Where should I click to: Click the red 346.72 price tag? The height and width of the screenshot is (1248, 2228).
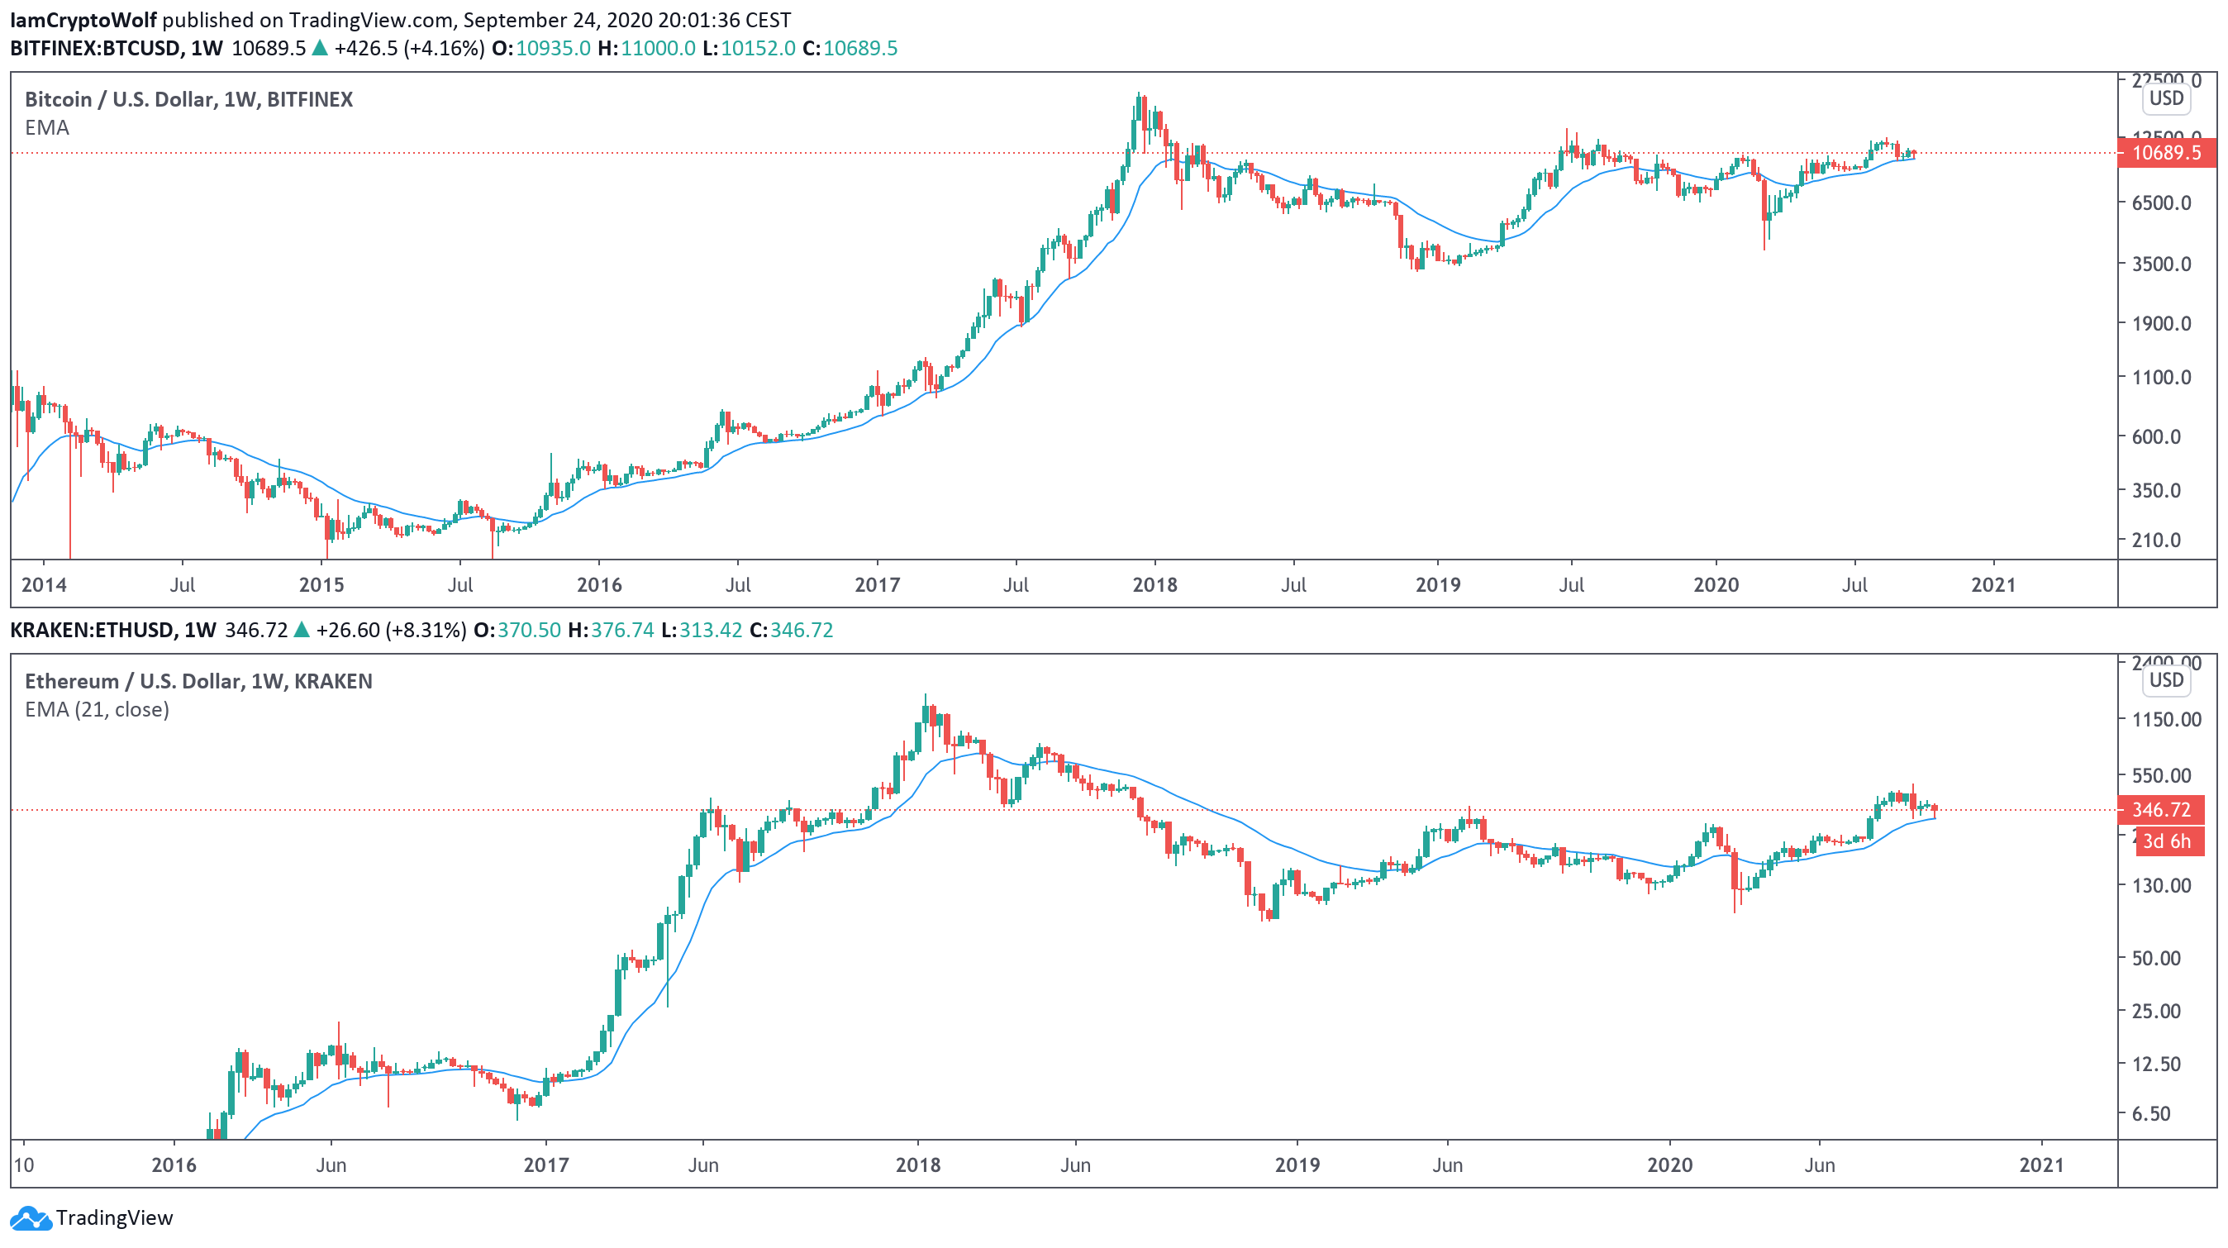coord(2159,809)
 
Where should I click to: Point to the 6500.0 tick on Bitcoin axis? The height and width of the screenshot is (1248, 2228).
coord(2160,202)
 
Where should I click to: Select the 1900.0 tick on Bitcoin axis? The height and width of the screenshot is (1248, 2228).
coord(2160,323)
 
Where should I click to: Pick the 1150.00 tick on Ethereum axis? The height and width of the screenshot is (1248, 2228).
coord(2166,719)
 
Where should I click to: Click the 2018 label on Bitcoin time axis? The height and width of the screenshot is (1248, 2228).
coord(1154,584)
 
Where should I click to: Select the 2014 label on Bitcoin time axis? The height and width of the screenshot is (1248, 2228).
coord(44,584)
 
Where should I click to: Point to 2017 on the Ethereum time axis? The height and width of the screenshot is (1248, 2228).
coord(545,1165)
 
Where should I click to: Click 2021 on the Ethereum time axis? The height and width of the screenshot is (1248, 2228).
coord(2041,1165)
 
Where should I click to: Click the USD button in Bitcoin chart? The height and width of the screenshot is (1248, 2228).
coord(2166,98)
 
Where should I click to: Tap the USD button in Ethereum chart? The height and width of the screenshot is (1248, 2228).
coord(2166,679)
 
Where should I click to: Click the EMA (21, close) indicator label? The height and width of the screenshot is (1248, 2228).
coord(97,709)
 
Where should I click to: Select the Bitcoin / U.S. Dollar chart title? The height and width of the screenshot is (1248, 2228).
coord(188,99)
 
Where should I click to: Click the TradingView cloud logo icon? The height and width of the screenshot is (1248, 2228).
coord(31,1217)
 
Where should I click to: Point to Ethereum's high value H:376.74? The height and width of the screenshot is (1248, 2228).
coord(611,630)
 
